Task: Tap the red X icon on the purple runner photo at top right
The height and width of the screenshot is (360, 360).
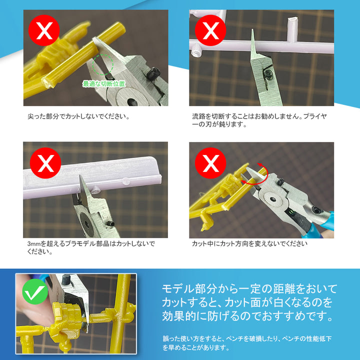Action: tap(211, 31)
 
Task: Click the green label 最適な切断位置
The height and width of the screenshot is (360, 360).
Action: tap(103, 83)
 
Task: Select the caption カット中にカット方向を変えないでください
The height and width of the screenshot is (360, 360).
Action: tap(249, 244)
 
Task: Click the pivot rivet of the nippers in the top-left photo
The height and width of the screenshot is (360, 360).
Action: tap(132, 101)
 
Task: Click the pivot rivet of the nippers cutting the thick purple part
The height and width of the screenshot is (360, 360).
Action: tap(87, 220)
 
